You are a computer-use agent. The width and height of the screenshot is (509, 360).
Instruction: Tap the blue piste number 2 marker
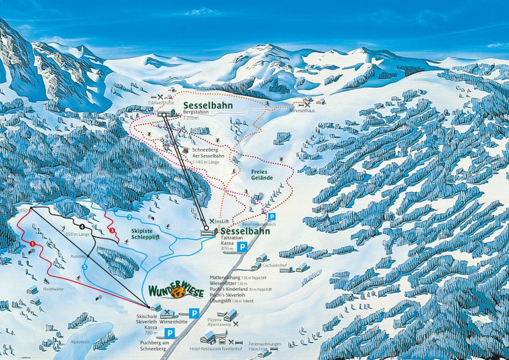click(x=128, y=217)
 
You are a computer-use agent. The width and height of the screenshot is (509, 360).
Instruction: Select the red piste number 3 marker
click(x=112, y=230)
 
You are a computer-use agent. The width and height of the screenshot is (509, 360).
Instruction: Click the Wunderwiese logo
click(x=176, y=291)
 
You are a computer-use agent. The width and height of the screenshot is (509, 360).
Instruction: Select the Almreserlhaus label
click(x=302, y=110)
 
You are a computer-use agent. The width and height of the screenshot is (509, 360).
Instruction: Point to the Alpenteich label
click(x=80, y=342)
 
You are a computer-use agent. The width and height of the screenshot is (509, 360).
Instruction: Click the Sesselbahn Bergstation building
click(x=166, y=112)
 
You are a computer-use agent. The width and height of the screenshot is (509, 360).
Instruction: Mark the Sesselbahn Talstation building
click(x=209, y=233)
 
